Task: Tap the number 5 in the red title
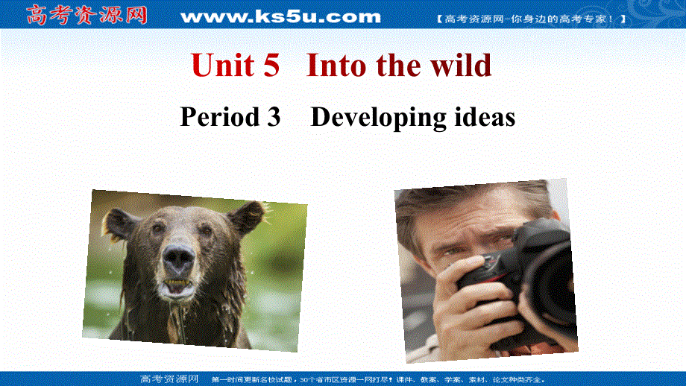click(271, 66)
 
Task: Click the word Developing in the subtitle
click(378, 117)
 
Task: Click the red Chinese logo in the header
click(87, 14)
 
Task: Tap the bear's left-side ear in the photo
click(119, 222)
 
